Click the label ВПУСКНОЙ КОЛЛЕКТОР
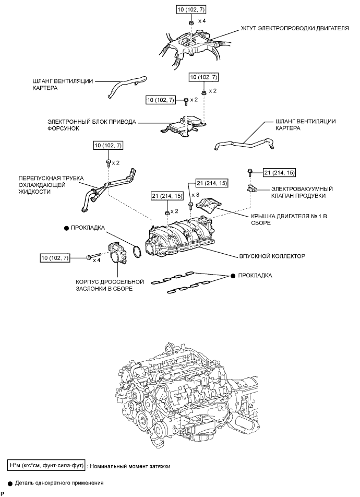click(272, 256)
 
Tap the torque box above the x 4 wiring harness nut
click(191, 10)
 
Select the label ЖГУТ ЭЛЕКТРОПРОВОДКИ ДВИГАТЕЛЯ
click(295, 28)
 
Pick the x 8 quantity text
click(195, 195)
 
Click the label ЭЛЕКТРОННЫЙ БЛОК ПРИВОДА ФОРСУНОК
click(92, 125)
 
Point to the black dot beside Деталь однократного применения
click(10, 483)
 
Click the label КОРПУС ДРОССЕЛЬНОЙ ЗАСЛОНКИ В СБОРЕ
click(110, 285)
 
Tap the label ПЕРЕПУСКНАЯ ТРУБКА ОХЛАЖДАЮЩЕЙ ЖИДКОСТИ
click(51, 185)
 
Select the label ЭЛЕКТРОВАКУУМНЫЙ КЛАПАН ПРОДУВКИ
click(302, 192)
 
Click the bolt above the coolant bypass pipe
click(109, 163)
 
